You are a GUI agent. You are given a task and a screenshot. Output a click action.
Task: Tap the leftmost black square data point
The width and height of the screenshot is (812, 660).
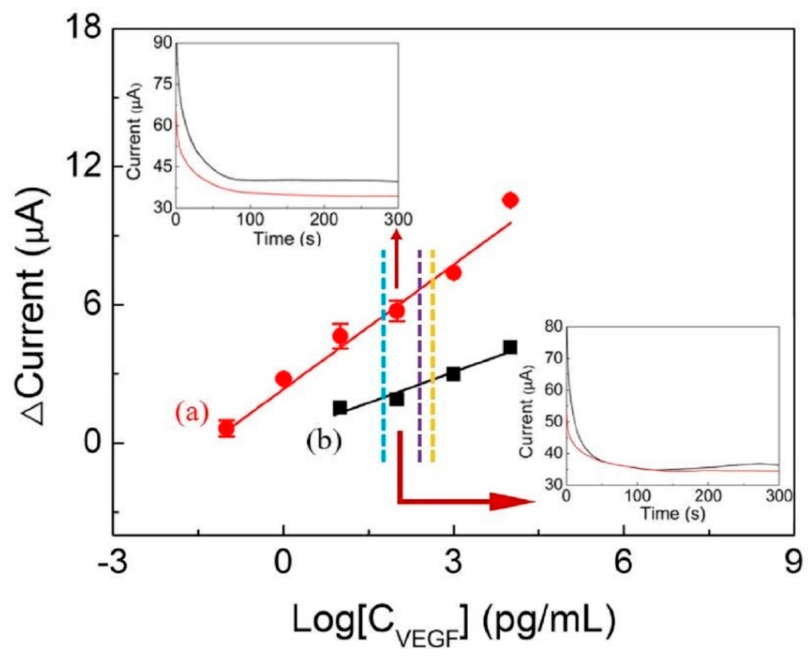[340, 407]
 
